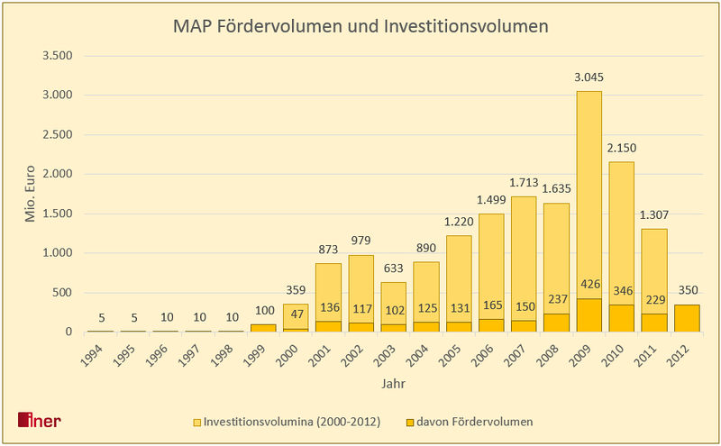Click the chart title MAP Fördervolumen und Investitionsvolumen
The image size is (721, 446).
coord(360,27)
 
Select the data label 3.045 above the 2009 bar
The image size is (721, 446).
coord(588,78)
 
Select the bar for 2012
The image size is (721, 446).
coord(686,318)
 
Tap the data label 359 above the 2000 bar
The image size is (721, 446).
coord(296,291)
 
